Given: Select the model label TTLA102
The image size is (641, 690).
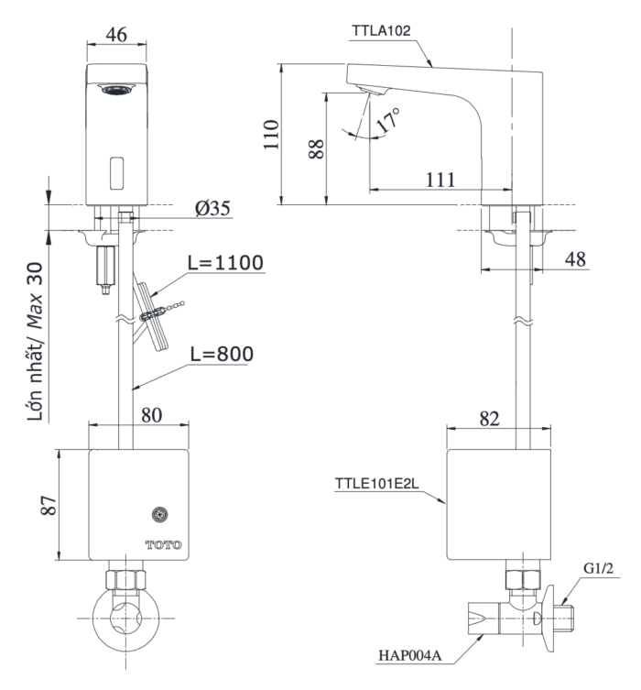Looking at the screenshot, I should (x=382, y=29).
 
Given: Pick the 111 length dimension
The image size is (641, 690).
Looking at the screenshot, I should (x=440, y=179).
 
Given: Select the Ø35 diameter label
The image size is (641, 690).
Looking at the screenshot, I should (x=212, y=208).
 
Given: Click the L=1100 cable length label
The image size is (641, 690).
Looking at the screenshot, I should (x=225, y=264).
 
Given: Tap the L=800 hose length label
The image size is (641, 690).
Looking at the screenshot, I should (x=223, y=352).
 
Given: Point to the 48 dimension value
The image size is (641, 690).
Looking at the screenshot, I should (x=575, y=259).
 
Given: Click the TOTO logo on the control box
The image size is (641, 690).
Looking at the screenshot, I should (x=163, y=544).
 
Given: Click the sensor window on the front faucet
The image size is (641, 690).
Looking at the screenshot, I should (x=116, y=171).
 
